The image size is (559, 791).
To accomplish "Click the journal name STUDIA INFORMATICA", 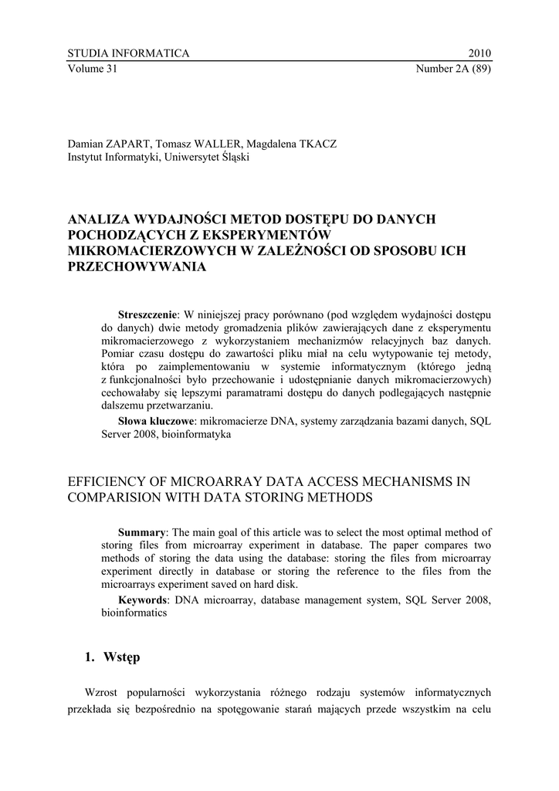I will click(128, 53).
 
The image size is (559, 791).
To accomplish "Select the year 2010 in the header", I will click(479, 53).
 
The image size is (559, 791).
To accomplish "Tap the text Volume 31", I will click(92, 68).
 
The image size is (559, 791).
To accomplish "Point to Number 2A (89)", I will click(454, 68).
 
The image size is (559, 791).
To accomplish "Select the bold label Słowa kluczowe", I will click(157, 421).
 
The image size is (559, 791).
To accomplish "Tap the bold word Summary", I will click(141, 533).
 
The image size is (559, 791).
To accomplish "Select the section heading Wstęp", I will click(123, 657).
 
